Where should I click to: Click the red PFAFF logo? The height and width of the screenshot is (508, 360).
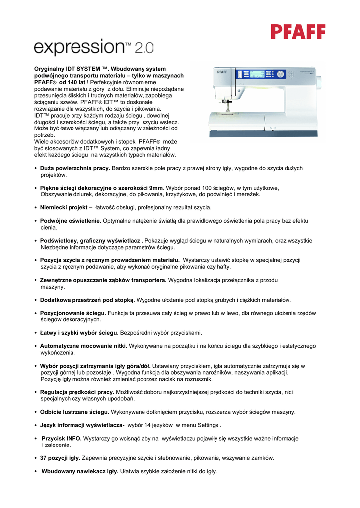tap(298, 32)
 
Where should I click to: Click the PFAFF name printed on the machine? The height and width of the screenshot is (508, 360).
tap(222, 72)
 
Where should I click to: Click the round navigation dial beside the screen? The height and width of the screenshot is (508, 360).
tap(281, 74)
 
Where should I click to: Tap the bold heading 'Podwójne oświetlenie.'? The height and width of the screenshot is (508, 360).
tap(71, 220)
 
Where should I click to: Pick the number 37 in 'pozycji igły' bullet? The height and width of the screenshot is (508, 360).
tap(44, 458)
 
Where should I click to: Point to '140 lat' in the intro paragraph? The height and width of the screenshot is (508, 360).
tap(75, 82)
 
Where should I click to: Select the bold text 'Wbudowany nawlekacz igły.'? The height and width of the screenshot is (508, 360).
tap(80, 471)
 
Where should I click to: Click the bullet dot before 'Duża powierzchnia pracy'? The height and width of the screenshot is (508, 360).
tap(35, 169)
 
